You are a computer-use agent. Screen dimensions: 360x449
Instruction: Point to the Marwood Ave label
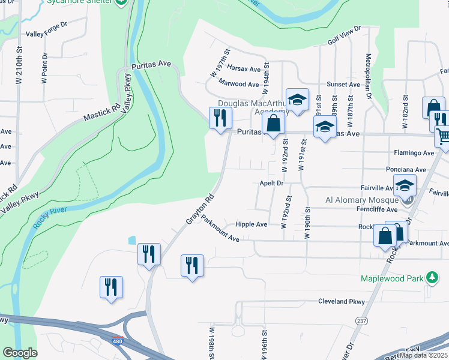point(239,83)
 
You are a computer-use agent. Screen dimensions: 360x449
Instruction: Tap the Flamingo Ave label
point(414,153)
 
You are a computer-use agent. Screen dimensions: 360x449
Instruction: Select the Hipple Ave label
point(251,224)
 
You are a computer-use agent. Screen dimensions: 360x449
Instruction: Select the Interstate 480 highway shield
point(119,342)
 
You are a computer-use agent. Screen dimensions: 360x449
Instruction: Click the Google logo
point(20,353)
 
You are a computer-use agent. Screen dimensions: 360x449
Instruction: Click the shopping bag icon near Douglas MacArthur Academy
point(273,124)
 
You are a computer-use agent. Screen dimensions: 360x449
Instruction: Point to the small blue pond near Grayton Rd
point(131,241)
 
